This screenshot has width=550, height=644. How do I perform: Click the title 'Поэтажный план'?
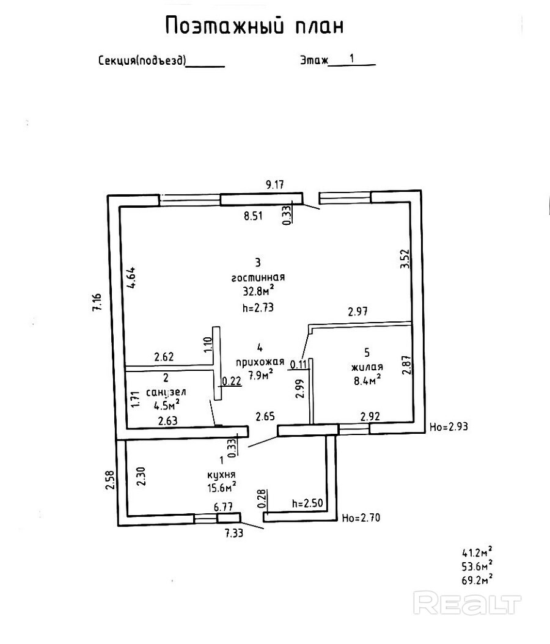pyautogui.click(x=255, y=26)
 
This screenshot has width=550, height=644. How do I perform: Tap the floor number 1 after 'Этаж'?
pyautogui.click(x=352, y=59)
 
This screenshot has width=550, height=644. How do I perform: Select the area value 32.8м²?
pyautogui.click(x=258, y=291)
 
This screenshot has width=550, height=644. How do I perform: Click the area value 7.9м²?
pyautogui.click(x=260, y=371)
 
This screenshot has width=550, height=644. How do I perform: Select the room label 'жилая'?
pyautogui.click(x=367, y=367)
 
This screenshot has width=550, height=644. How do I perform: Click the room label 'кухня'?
pyautogui.click(x=221, y=475)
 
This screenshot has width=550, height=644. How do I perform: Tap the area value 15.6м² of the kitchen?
pyautogui.click(x=221, y=487)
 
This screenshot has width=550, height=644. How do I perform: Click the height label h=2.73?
pyautogui.click(x=257, y=309)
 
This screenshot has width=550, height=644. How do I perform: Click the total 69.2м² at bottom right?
pyautogui.click(x=477, y=579)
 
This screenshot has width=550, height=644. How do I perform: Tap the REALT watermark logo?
pyautogui.click(x=468, y=604)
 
